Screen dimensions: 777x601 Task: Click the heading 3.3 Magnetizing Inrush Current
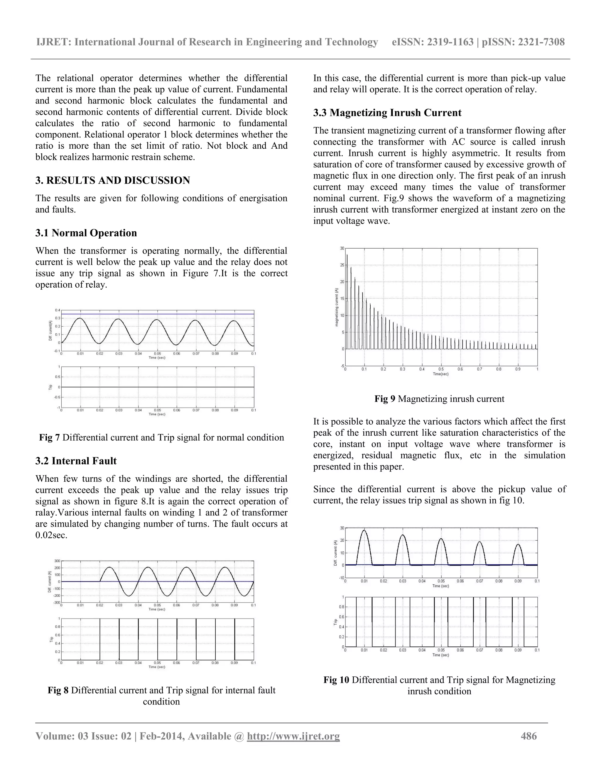pyautogui.click(x=387, y=113)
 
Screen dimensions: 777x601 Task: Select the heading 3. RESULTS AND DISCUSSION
pyautogui.click(x=112, y=180)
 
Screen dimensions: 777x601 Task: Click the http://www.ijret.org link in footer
pyautogui.click(x=293, y=736)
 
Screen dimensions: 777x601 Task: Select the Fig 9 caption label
pyautogui.click(x=384, y=399)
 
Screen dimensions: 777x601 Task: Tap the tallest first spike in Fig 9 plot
pyautogui.click(x=347, y=255)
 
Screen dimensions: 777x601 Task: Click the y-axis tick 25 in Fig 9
pyautogui.click(x=342, y=265)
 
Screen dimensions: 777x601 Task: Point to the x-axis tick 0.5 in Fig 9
pyautogui.click(x=441, y=369)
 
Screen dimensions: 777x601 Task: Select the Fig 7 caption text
pyautogui.click(x=161, y=437)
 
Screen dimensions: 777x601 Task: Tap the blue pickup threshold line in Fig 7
pyautogui.click(x=157, y=314)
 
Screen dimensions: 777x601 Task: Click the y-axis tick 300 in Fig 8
pyautogui.click(x=57, y=561)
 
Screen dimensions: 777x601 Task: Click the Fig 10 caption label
pyautogui.click(x=336, y=680)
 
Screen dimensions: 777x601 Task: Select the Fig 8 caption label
pyautogui.click(x=58, y=691)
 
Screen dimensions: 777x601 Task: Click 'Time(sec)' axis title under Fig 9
pyautogui.click(x=440, y=374)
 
